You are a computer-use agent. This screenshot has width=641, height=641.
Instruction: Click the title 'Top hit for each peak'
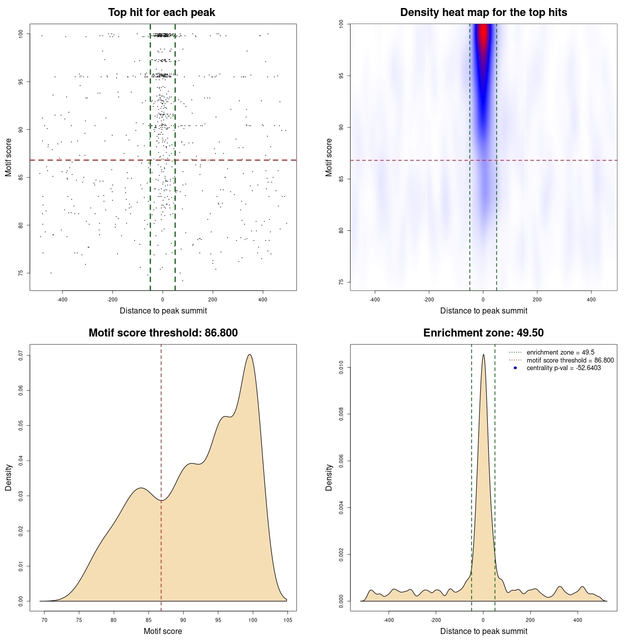click(x=162, y=13)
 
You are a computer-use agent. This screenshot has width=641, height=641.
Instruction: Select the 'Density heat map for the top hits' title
click(x=483, y=13)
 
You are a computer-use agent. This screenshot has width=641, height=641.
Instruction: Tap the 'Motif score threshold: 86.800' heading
click(x=163, y=333)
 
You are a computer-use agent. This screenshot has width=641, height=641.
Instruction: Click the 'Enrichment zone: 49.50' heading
click(x=483, y=333)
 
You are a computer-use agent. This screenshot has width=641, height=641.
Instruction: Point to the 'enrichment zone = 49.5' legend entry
click(x=560, y=353)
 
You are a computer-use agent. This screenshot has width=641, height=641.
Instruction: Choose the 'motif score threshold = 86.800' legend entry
click(x=570, y=360)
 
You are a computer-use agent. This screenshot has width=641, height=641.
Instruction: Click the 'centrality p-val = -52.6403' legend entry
click(x=563, y=368)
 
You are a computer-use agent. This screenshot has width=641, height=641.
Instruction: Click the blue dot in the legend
click(x=515, y=368)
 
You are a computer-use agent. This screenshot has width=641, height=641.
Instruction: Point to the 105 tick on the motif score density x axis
click(x=287, y=620)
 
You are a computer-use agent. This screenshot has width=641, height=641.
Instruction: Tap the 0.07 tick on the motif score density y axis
click(x=21, y=355)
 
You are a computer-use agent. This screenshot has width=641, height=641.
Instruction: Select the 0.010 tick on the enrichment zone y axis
click(x=342, y=368)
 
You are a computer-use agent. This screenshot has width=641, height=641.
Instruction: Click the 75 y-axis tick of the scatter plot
click(x=21, y=273)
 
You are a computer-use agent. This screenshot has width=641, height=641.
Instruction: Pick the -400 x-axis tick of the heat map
click(x=375, y=299)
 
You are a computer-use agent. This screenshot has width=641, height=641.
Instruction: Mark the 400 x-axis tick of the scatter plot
click(x=263, y=299)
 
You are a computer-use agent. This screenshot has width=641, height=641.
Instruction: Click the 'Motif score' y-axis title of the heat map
click(x=329, y=157)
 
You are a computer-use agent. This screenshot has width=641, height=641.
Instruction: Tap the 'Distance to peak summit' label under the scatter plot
click(x=163, y=311)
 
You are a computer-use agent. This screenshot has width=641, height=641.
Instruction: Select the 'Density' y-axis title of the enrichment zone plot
click(x=329, y=477)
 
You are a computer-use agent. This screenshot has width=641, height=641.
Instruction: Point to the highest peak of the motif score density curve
click(x=249, y=355)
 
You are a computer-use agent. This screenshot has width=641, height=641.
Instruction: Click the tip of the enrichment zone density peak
click(x=483, y=355)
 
